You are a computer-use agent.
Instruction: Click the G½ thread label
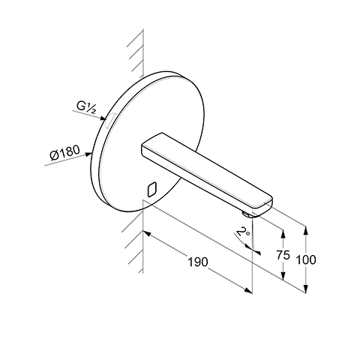86,107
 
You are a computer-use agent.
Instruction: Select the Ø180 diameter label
65,152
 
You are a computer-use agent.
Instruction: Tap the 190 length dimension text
198,262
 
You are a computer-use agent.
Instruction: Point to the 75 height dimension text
283,255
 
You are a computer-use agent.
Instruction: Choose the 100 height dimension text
306,259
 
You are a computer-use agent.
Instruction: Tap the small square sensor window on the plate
152,189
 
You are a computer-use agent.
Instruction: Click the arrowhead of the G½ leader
103,118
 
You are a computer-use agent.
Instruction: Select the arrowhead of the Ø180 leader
88,154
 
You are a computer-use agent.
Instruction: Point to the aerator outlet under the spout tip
247,214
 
